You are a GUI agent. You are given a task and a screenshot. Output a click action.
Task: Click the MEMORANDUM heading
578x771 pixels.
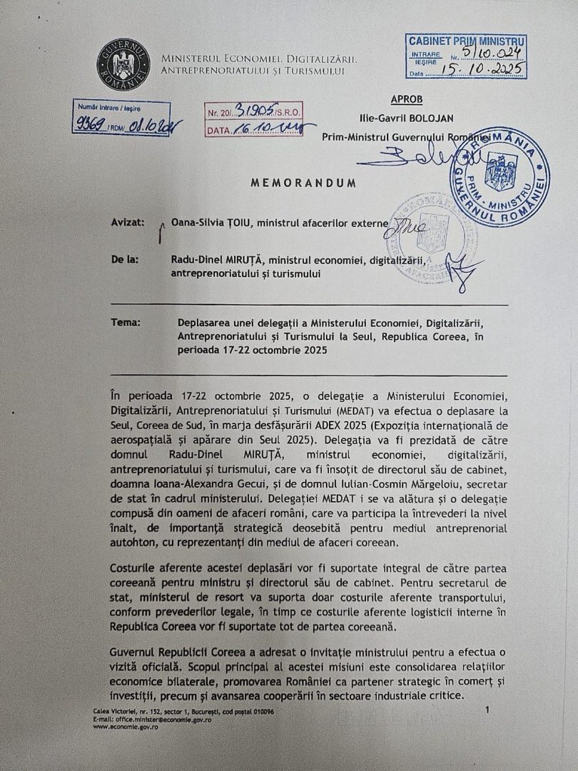(303, 183)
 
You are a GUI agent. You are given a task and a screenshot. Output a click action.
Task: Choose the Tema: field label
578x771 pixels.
(126, 323)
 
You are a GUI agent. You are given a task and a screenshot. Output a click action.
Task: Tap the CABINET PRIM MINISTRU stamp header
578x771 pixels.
(467, 42)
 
